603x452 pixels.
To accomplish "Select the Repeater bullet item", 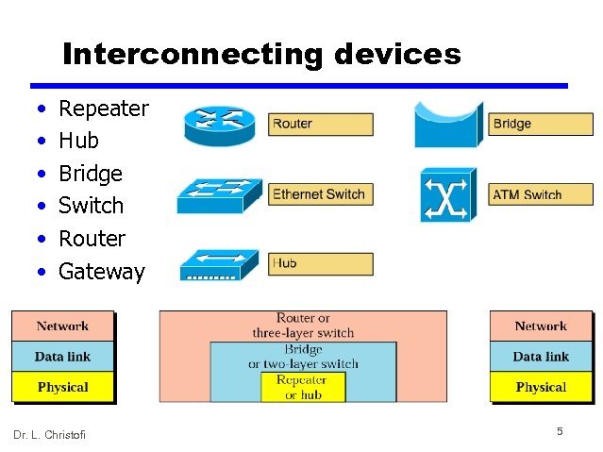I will (103, 109).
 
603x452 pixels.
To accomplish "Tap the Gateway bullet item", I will (101, 272).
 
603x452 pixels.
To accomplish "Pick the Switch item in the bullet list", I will (91, 206).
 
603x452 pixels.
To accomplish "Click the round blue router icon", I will (220, 125).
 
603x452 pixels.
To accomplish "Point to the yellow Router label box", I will (321, 124).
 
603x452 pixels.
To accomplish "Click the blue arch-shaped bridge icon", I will (447, 125).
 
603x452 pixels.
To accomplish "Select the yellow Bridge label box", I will (540, 124).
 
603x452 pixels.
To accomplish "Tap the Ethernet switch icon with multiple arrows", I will (218, 195).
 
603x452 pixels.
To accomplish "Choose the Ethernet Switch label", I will (321, 194).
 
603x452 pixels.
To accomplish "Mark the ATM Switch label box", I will (540, 195).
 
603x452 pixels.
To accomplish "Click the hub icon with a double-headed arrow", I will (218, 264).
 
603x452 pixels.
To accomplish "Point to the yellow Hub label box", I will (321, 264).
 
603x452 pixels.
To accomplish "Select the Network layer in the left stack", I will (62, 326).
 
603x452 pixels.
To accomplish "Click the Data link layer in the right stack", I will (541, 357).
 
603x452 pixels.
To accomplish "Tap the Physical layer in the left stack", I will (62, 387).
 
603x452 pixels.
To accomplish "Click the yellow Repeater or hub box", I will (303, 387).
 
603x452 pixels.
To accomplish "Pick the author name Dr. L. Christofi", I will (49, 434).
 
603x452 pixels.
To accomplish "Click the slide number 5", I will (560, 431).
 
